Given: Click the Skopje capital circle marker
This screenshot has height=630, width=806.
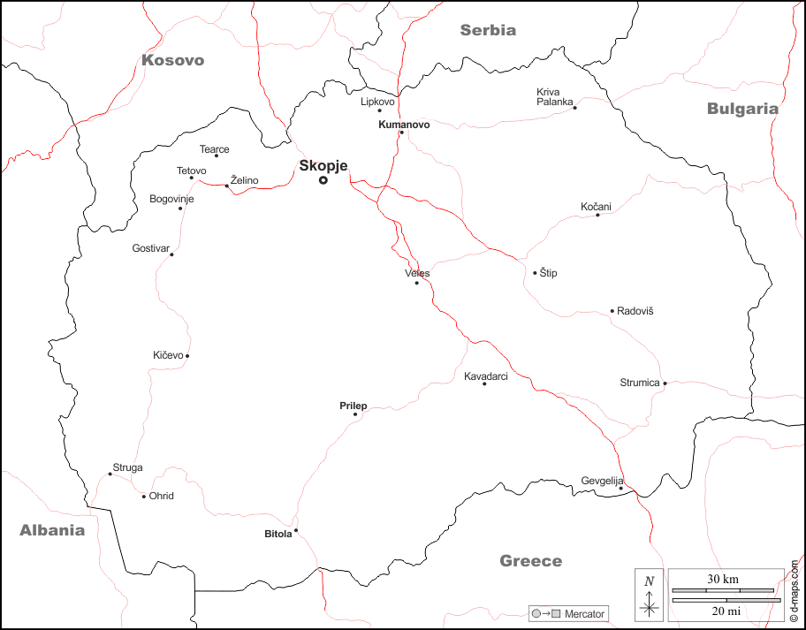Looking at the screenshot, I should pyautogui.click(x=323, y=180).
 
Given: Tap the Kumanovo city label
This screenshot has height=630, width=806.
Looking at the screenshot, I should pyautogui.click(x=404, y=125).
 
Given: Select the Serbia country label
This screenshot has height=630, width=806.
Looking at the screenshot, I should pyautogui.click(x=488, y=30).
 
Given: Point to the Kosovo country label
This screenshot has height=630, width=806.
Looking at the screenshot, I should pyautogui.click(x=172, y=60).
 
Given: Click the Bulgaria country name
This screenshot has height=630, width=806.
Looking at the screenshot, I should pyautogui.click(x=742, y=109).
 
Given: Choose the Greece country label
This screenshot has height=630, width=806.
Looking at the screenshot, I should pyautogui.click(x=530, y=561).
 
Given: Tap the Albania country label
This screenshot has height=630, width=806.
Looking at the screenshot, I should pyautogui.click(x=53, y=530).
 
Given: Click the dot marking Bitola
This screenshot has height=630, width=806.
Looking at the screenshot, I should pyautogui.click(x=296, y=530).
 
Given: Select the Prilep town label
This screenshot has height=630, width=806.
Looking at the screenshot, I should pyautogui.click(x=353, y=406).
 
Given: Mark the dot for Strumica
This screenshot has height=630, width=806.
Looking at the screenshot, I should pyautogui.click(x=665, y=383).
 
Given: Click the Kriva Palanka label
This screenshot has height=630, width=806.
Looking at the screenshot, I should pyautogui.click(x=554, y=96).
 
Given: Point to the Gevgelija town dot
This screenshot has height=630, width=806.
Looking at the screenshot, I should pyautogui.click(x=620, y=489).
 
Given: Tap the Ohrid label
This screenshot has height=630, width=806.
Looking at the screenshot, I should pyautogui.click(x=162, y=496).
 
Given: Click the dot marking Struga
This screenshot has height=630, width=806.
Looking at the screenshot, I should pyautogui.click(x=110, y=474).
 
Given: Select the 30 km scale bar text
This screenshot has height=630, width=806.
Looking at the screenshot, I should pyautogui.click(x=723, y=580).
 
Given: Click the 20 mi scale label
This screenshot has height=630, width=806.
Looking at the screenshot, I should pyautogui.click(x=723, y=611).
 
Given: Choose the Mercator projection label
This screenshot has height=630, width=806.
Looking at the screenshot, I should pyautogui.click(x=584, y=613).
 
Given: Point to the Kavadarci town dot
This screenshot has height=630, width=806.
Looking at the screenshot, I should pyautogui.click(x=484, y=383).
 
